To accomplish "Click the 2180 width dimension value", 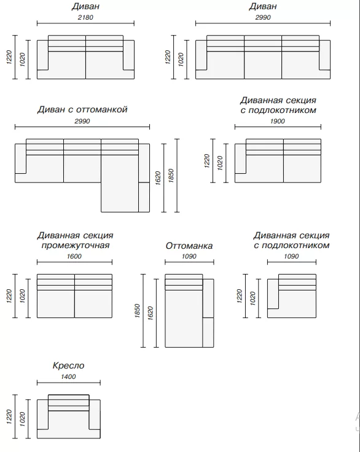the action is pos(85,17).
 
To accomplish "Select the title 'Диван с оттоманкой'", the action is pos(82,109).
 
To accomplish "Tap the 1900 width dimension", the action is pos(278,121).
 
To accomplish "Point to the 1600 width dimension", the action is pos(74,256).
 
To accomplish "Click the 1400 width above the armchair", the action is pos(68,376).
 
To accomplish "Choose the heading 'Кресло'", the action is pos(68,366).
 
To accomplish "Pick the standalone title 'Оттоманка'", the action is pos(189,246).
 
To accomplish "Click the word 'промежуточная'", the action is pos(76,245).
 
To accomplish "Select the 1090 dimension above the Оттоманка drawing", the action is pos(189,256).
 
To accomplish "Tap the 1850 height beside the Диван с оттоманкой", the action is pos(171,176).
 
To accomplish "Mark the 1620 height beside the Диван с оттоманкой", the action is pos(158,178).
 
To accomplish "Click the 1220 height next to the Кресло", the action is pos(9,417).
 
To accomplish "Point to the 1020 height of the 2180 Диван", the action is pos(22,60).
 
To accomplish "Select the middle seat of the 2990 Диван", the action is pos(263,65).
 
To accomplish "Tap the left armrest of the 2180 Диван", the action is pos(42,55).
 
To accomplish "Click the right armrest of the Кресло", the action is pos(95,415).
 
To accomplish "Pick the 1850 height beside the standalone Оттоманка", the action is pos(137,311).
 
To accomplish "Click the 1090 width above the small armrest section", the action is pos(291,256).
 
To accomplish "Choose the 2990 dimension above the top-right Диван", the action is pos(263,17).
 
